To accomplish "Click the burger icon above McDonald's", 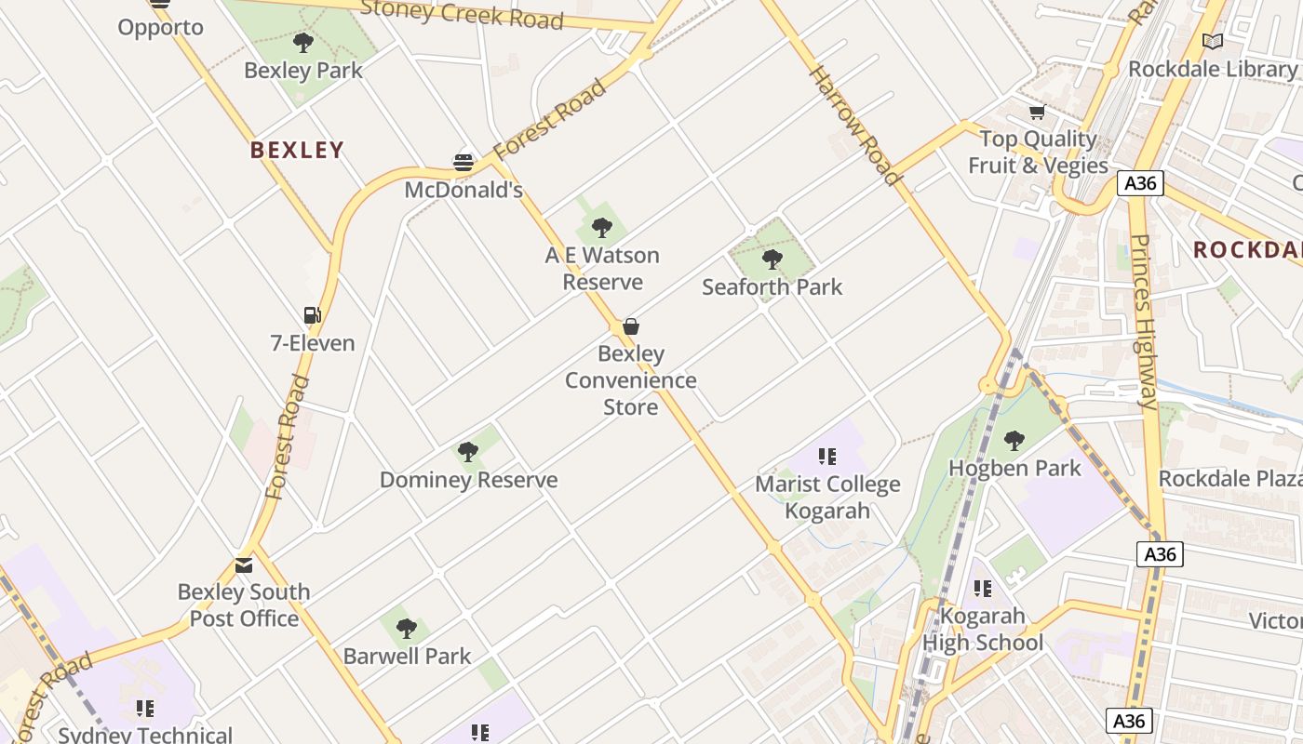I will click(463, 163).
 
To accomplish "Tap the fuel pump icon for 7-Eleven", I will click(313, 315).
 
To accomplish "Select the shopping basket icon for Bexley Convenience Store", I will click(631, 326).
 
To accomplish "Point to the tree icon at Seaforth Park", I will click(772, 259).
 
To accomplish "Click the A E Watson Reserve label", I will click(602, 269).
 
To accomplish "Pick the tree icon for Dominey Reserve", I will click(468, 453).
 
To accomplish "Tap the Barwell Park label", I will click(407, 656).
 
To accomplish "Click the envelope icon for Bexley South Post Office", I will click(244, 565).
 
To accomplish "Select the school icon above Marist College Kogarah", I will click(826, 457).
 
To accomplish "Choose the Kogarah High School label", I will click(983, 630).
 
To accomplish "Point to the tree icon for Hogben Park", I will click(1014, 440).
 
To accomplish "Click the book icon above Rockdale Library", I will click(1212, 42).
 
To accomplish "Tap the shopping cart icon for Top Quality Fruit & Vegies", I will click(1037, 113).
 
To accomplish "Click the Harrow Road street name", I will click(855, 126).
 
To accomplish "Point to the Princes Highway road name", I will click(1144, 322).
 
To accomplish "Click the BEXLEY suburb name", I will click(297, 150).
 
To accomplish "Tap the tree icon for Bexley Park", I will click(302, 43).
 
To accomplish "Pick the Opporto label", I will click(160, 27).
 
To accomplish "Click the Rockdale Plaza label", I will click(1229, 478).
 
